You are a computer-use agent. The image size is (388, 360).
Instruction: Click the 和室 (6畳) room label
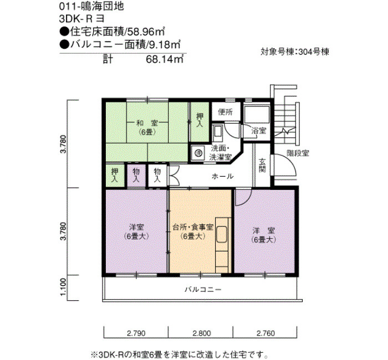147,127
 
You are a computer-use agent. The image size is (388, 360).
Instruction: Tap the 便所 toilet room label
225,112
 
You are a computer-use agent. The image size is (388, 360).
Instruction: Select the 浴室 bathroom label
259,131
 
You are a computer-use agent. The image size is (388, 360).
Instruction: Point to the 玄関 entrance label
262,166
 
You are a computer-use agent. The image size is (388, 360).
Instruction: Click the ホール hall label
222,176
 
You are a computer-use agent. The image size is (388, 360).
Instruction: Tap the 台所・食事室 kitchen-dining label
193,228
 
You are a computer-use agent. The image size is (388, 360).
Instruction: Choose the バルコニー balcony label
203,289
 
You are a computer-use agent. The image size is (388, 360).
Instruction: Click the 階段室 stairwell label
298,153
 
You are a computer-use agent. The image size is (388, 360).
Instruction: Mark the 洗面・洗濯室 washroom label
221,153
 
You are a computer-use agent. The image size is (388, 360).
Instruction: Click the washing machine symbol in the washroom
198,153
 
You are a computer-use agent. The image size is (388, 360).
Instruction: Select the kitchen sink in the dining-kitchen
222,234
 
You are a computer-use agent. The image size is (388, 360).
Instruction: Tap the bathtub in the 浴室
257,115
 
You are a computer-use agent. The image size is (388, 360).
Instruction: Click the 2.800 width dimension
202,333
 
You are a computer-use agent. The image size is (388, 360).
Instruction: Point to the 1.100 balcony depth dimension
63,287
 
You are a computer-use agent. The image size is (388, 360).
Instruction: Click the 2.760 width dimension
266,333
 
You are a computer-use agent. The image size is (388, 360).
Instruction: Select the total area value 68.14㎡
165,59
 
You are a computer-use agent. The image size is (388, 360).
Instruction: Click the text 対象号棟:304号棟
295,52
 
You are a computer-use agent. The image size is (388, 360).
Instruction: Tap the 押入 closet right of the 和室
200,120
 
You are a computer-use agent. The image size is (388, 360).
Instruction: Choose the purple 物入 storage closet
136,176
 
